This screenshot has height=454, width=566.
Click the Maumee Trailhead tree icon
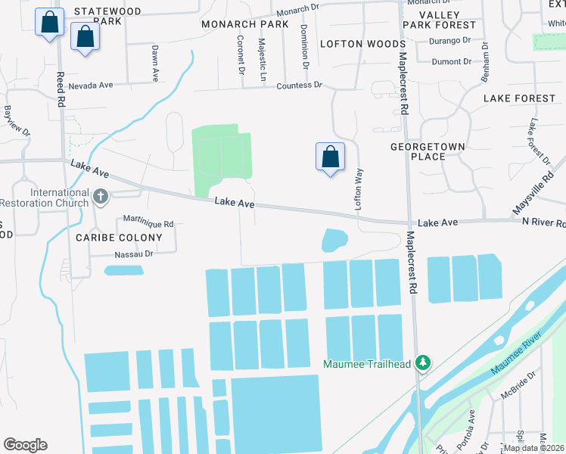point(424,364)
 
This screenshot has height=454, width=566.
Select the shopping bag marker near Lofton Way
point(330,158)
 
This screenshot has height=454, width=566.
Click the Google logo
point(25,445)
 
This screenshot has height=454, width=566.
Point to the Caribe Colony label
point(119,238)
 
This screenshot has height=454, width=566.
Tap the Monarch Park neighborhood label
point(245,24)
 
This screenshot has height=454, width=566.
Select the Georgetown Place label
point(428,151)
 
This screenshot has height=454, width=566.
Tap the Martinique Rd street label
point(148,224)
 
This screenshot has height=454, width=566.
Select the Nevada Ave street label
point(91,86)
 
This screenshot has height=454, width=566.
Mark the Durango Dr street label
point(451,39)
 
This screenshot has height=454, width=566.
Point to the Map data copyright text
point(533,447)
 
